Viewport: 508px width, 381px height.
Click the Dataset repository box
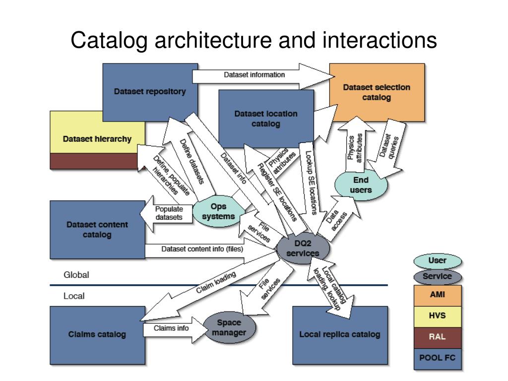pos(150,92)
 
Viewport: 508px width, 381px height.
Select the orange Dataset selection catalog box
pos(377,92)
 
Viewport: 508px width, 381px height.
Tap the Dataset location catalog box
pos(266,119)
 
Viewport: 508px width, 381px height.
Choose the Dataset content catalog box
pos(97,230)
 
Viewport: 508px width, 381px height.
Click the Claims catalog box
pos(97,335)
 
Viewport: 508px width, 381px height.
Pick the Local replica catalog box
pos(340,335)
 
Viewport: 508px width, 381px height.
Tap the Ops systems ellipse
pos(219,211)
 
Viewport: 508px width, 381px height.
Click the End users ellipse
pos(361,185)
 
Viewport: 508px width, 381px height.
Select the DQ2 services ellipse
pos(303,249)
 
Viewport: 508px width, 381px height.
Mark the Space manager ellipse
pos(229,327)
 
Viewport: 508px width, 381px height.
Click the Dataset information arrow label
pos(254,75)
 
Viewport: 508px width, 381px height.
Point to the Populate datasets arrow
pos(166,213)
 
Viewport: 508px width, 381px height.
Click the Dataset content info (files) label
pos(202,249)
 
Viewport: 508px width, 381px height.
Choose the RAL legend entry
pos(438,337)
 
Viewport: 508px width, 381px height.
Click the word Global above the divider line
pos(76,275)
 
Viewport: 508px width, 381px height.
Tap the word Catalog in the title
pos(109,41)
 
